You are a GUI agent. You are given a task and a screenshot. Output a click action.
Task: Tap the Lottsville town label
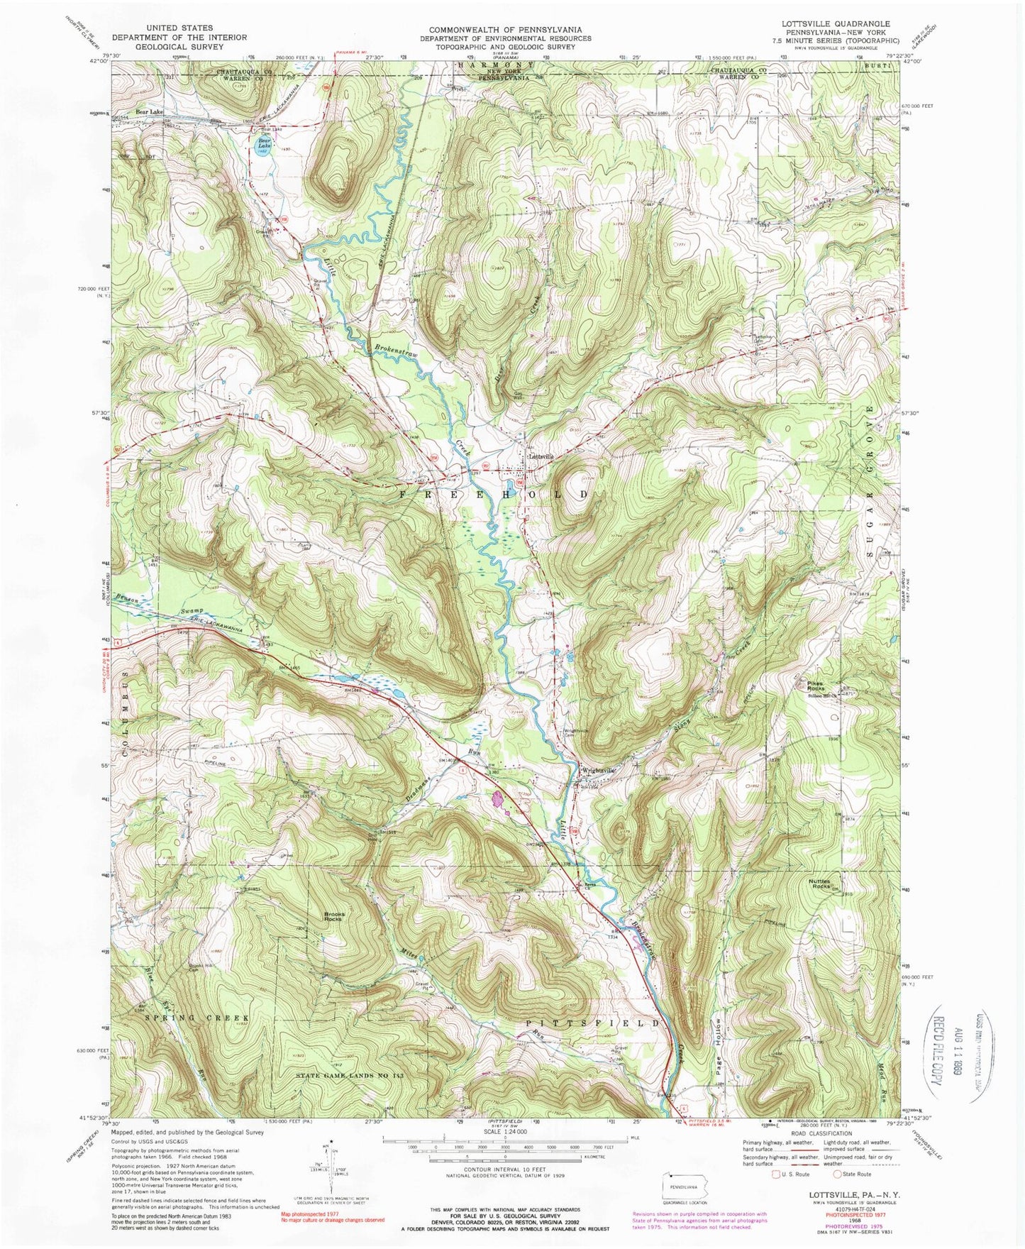541,457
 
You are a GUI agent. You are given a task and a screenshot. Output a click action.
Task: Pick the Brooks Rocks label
334,915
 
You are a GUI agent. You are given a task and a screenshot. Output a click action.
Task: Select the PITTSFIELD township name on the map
594,1023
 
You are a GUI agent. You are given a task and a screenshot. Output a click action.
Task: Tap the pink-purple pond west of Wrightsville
499,800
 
